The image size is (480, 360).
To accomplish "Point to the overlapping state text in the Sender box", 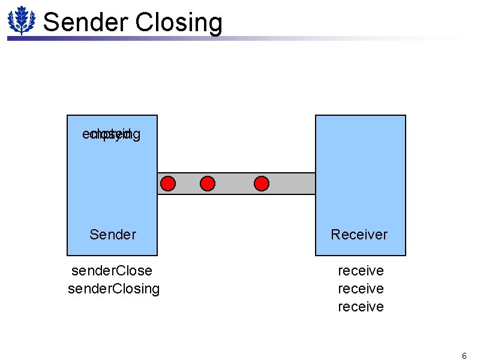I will click(112, 134).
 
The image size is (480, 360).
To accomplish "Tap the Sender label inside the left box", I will click(113, 235).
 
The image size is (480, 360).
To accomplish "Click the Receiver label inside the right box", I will click(359, 235).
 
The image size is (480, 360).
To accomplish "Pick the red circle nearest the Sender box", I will click(169, 183).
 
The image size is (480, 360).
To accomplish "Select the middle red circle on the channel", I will click(207, 183).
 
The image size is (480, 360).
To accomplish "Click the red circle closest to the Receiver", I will click(262, 183).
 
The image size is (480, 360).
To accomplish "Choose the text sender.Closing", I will click(114, 289).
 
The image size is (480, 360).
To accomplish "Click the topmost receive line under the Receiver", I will click(361, 271).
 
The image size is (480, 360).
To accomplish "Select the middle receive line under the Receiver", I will click(361, 289).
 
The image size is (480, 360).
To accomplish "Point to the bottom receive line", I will click(361, 307).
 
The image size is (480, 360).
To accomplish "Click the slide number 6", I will click(464, 356).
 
